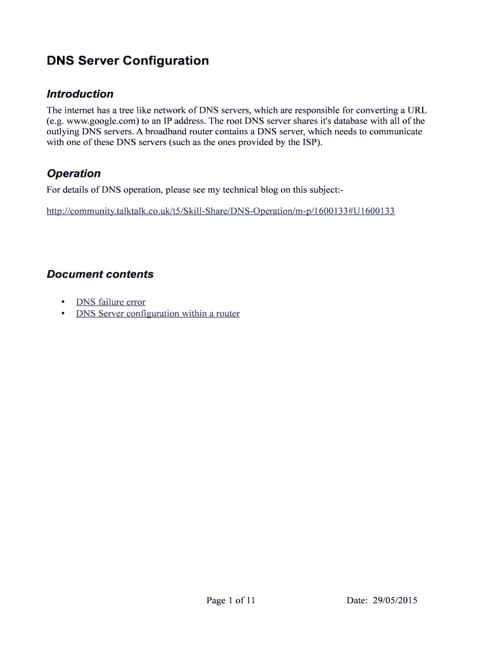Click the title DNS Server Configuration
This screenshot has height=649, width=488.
[127, 61]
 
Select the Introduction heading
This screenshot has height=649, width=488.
[80, 94]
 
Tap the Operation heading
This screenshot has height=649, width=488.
[74, 174]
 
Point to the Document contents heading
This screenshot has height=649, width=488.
[100, 274]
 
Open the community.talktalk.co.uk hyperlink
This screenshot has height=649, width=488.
[221, 210]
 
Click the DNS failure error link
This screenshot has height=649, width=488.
[110, 302]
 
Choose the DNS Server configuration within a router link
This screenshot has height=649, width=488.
[158, 314]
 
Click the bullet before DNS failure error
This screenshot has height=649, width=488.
[62, 302]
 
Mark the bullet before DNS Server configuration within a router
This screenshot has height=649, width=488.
[62, 314]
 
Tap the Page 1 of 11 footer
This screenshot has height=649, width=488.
[231, 600]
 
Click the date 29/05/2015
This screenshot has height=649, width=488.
[395, 600]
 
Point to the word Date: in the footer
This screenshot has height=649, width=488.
[357, 600]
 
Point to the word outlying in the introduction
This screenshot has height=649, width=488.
[63, 131]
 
